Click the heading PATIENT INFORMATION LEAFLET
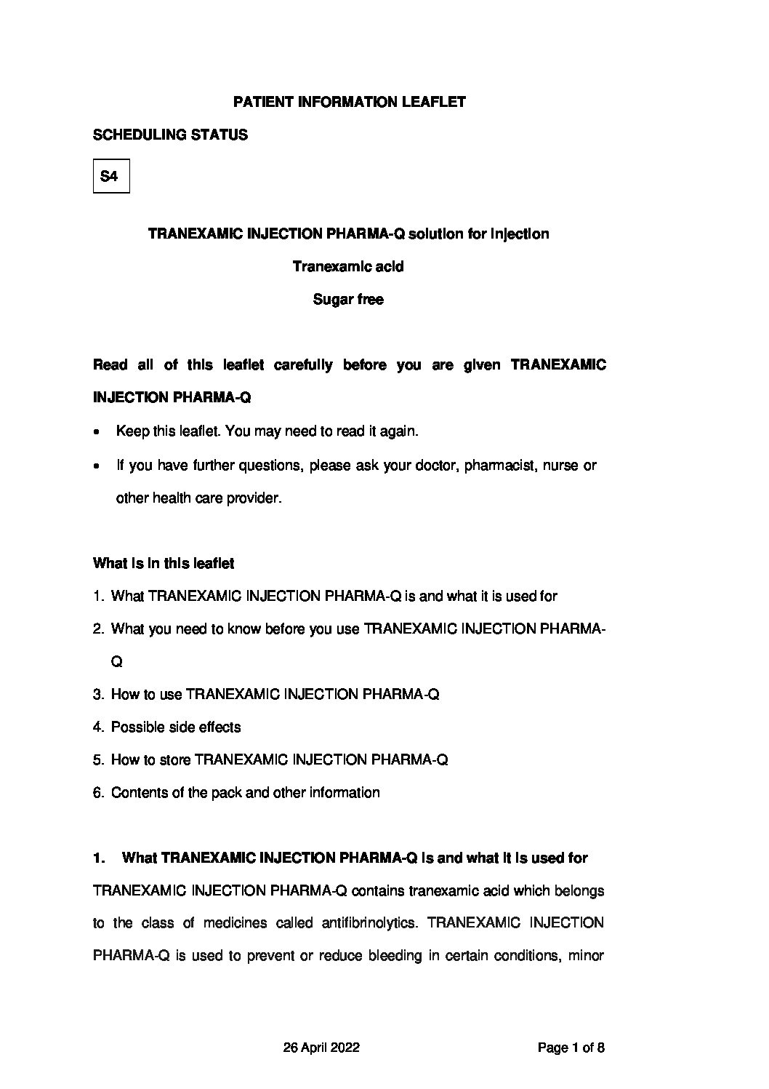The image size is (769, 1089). [x=349, y=103]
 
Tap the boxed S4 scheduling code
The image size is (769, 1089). [x=110, y=176]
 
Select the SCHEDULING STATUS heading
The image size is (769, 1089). [x=170, y=135]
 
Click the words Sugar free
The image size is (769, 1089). [x=348, y=299]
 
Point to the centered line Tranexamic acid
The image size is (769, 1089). [x=348, y=266]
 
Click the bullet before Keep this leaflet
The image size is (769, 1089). [x=97, y=432]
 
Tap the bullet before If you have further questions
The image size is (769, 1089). [x=97, y=466]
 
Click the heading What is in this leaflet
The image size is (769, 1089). [x=164, y=564]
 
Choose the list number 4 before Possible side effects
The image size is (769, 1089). [x=98, y=727]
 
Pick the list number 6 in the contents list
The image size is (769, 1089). [x=98, y=793]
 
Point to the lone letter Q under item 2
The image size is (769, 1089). [x=116, y=662]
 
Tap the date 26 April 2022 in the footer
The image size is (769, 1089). [x=321, y=1048]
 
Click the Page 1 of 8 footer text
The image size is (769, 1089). [x=571, y=1048]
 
